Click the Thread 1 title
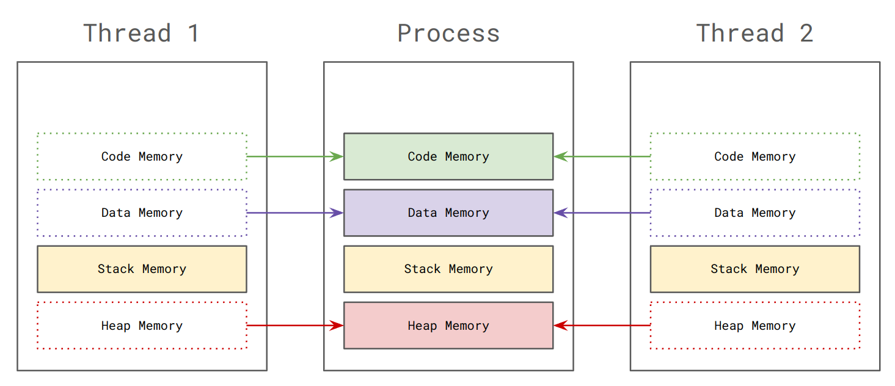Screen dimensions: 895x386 pyautogui.click(x=141, y=33)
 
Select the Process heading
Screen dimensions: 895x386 pyautogui.click(x=448, y=33)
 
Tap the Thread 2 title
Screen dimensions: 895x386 pyautogui.click(x=754, y=33)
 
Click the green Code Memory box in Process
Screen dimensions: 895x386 pyautogui.click(x=448, y=156)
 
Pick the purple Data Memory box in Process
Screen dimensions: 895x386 pyautogui.click(x=448, y=213)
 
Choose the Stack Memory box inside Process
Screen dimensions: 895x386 pyautogui.click(x=448, y=269)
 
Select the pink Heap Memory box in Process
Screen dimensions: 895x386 pyautogui.click(x=448, y=326)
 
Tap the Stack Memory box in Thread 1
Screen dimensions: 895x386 pyautogui.click(x=142, y=269)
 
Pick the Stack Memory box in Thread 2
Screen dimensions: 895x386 pyautogui.click(x=754, y=269)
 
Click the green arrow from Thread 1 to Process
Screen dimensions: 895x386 pyautogui.click(x=295, y=156)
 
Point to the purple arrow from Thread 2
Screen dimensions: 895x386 pyautogui.click(x=602, y=213)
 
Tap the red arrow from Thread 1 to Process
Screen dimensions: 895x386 pyautogui.click(x=295, y=326)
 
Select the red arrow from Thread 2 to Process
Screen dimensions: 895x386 pyautogui.click(x=602, y=326)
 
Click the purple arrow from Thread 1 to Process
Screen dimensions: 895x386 pyautogui.click(x=295, y=213)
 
